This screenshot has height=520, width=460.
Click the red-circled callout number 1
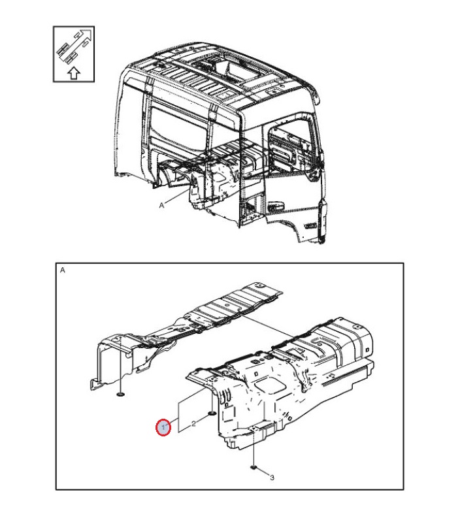point(163,427)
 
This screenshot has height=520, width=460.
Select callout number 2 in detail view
point(193,423)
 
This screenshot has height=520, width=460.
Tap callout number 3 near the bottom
point(272,478)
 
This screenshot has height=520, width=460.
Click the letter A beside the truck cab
point(161,206)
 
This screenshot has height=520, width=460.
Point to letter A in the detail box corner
point(62,270)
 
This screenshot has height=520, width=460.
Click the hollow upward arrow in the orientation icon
point(74,73)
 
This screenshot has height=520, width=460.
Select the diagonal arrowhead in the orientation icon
point(87,33)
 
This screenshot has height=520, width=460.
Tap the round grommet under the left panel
point(121,394)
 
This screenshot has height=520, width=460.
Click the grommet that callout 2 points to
point(212,413)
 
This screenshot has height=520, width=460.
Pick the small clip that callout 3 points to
point(254,468)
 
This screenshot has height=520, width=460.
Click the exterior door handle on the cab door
point(276,205)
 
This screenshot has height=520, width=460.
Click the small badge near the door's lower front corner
point(311,226)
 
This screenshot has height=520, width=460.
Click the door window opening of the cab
point(290,146)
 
